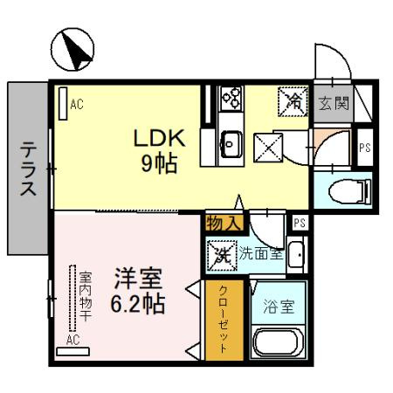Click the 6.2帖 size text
tap(137, 305)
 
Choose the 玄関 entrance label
tap(334, 103)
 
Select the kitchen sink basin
tap(232, 140)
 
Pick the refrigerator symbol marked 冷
tap(293, 101)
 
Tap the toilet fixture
tap(347, 190)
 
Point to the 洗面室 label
tap(260, 254)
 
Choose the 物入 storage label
tap(223, 224)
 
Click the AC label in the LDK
tap(77, 105)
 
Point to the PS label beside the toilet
tap(364, 148)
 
